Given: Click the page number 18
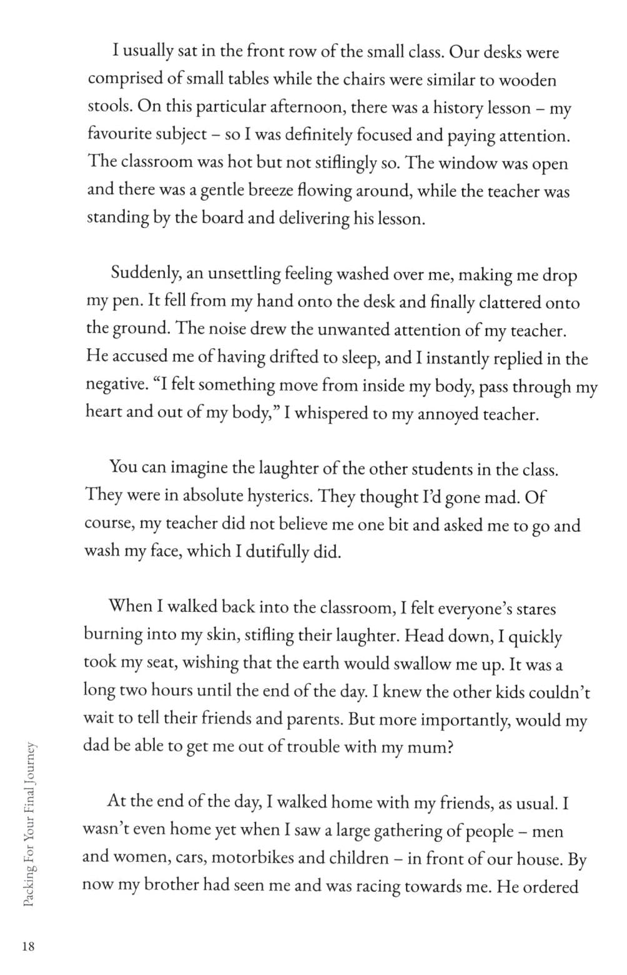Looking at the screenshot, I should pos(28,946).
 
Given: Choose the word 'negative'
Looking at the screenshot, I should pos(114,385).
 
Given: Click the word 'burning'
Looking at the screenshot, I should pos(112,635).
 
